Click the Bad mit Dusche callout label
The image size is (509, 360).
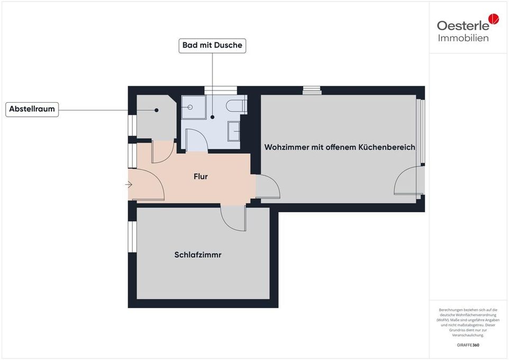click(212, 46)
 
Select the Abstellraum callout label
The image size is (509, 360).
click(32, 110)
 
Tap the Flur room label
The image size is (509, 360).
click(200, 176)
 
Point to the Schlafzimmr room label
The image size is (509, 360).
click(198, 255)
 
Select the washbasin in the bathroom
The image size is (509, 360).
click(234, 130)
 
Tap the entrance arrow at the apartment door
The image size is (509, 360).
click(129, 184)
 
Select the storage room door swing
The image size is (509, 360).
click(161, 152)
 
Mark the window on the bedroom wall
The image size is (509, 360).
click(132, 237)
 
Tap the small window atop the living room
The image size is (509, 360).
click(312, 90)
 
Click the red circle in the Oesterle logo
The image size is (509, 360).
click(493, 20)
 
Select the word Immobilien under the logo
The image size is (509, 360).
click(463, 38)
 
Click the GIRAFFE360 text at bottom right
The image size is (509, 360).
click(468, 345)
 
